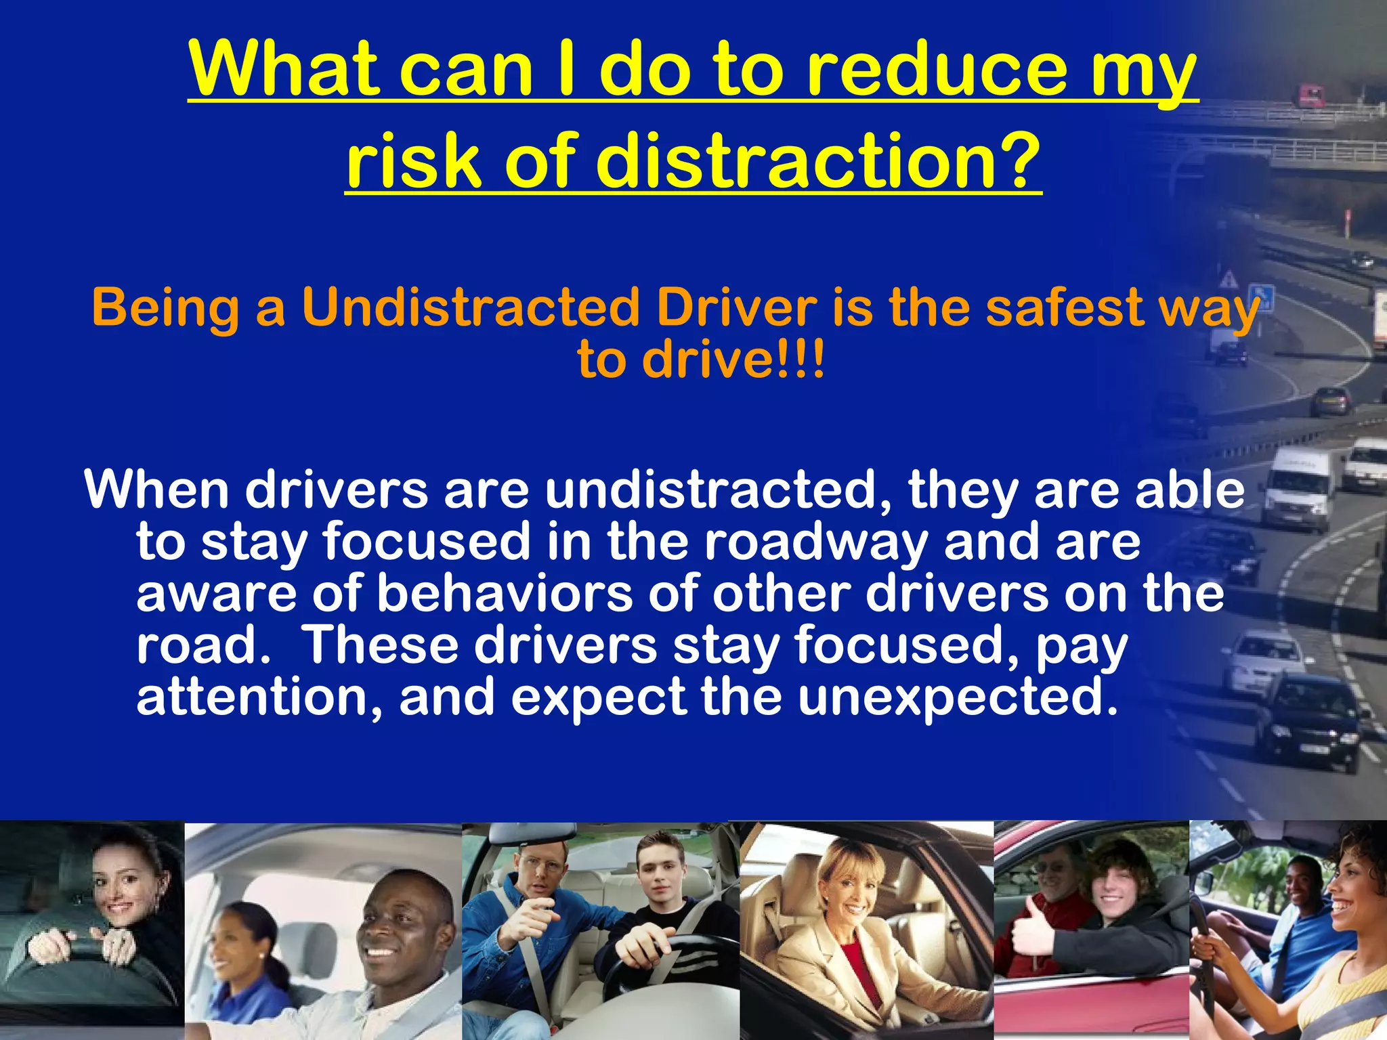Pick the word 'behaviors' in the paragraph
(505, 593)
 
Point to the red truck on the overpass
(1310, 95)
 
